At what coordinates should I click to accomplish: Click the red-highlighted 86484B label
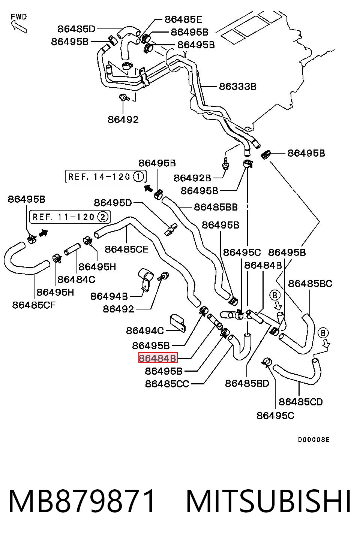coord(158,357)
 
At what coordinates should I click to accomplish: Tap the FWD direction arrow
coord(19,27)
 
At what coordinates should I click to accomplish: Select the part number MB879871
coord(82,501)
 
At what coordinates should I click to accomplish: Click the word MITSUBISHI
coord(268,501)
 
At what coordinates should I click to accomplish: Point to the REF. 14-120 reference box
coord(106,176)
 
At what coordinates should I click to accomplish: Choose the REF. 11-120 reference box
coord(70,217)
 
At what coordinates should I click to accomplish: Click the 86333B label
coord(238,87)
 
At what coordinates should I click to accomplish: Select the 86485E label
coord(183,19)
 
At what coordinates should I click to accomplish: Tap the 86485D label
coord(76,29)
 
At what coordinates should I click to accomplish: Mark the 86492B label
coord(192,178)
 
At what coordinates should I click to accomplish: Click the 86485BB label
coord(216,207)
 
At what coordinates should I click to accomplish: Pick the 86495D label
coord(113,203)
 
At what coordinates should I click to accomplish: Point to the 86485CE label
coord(126,249)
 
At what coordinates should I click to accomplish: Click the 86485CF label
coord(34,305)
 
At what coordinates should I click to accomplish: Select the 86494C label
coord(145,331)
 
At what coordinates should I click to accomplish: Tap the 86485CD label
coord(301,402)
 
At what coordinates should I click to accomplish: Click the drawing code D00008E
coord(314,440)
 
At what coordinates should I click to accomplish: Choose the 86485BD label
coord(247,384)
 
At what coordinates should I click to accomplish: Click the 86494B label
coord(109,296)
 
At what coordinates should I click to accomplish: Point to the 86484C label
coord(76,280)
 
